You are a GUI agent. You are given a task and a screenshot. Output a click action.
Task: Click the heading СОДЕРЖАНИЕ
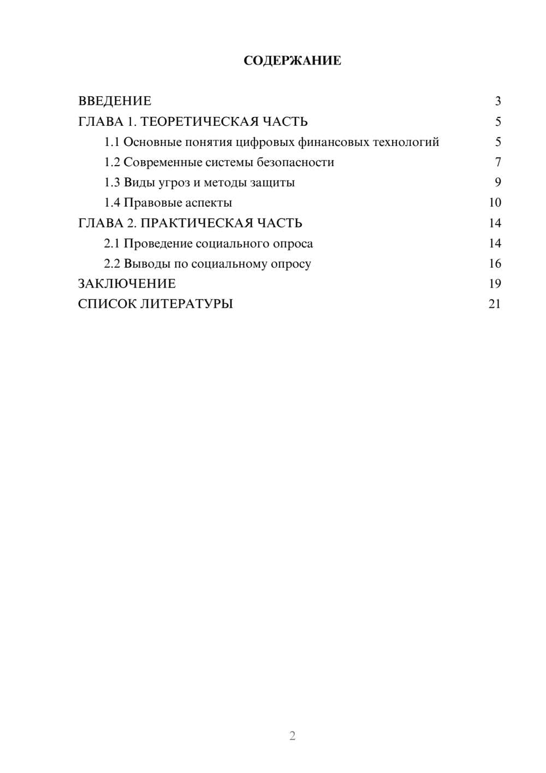click(x=292, y=61)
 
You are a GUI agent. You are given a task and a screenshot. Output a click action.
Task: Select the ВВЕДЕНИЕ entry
click(x=115, y=101)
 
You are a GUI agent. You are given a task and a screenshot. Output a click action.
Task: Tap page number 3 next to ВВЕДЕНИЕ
click(x=498, y=101)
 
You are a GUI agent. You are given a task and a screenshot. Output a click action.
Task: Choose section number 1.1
click(x=112, y=142)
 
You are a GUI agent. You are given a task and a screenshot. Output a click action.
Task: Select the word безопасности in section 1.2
click(x=295, y=162)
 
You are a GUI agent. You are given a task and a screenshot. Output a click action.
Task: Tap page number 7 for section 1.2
click(x=498, y=162)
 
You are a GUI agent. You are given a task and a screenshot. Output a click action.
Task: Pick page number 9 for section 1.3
click(x=498, y=183)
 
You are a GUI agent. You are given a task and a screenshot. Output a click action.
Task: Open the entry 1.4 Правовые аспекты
click(x=168, y=203)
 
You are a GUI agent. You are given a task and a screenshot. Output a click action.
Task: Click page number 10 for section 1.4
click(x=495, y=203)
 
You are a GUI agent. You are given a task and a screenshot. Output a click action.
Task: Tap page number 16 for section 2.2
click(x=495, y=263)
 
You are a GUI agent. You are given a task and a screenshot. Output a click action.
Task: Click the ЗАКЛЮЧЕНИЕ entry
click(x=127, y=284)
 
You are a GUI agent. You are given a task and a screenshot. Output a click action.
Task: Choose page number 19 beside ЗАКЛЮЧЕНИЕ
click(x=495, y=284)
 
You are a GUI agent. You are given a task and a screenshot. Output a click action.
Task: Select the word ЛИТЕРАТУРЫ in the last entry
click(x=187, y=304)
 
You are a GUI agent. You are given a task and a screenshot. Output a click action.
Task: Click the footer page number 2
click(x=292, y=736)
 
